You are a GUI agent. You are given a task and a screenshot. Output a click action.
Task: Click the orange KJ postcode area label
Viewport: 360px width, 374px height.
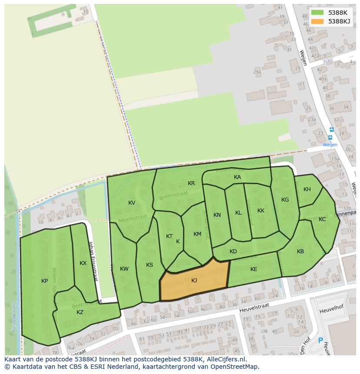point(194,281)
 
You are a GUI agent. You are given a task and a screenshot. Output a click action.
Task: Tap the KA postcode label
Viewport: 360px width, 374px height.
point(237,177)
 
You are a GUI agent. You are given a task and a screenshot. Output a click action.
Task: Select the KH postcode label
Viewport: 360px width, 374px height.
point(307,189)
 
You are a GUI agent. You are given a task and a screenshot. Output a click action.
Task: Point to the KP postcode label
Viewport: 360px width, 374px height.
point(44,281)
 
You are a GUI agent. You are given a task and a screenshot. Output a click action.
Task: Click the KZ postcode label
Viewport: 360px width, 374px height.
point(80,312)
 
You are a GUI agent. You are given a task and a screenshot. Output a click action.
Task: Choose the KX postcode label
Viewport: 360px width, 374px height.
point(83,263)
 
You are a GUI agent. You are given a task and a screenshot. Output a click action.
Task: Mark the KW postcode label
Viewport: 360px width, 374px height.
point(124,269)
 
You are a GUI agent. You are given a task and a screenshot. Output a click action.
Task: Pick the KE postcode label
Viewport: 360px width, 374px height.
point(254,269)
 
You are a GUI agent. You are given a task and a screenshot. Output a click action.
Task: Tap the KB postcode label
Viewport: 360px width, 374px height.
point(300,252)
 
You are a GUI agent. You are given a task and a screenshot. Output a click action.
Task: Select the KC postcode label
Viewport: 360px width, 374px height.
point(322,219)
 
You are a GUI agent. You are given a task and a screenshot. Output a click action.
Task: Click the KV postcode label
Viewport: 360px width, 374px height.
point(132,203)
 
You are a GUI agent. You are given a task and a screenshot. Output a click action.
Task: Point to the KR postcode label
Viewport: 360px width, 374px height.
point(191,183)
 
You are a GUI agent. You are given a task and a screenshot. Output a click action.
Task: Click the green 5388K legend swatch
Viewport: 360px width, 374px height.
point(317,13)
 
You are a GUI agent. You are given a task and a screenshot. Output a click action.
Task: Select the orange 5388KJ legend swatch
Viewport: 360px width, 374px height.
point(317,21)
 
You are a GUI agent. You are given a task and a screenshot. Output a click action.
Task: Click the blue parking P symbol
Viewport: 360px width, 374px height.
point(321,341)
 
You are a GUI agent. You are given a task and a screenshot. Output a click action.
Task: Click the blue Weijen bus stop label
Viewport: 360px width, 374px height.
point(330,145)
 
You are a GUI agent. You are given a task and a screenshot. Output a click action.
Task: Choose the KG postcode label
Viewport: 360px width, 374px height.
point(285,200)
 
